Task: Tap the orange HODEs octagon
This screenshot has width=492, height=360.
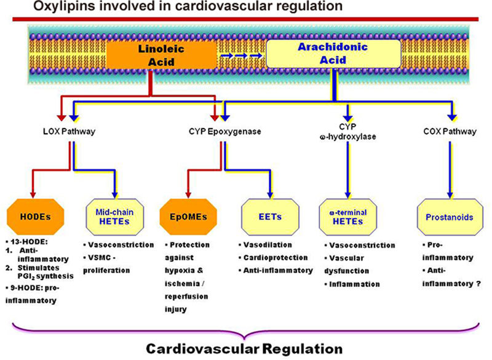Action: (36, 217)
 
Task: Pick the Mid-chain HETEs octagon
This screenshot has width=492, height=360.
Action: (114, 217)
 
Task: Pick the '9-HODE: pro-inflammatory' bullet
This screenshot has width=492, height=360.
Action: (36, 295)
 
